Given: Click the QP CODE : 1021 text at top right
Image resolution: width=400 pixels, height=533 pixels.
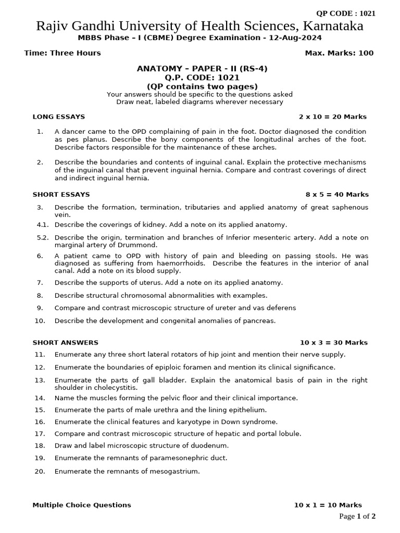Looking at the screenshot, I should pos(346,14).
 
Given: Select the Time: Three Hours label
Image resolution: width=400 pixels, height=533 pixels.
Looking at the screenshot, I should pos(63,53).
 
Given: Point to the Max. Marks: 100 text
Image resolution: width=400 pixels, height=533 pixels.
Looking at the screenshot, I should pos(339,53).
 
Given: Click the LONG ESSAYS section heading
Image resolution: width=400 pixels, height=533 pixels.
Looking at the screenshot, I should pos(59,117).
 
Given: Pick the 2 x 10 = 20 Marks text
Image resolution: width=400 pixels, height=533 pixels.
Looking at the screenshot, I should pos(333,117).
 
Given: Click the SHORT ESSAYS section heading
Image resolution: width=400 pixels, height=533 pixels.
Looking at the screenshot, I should pos(61,194).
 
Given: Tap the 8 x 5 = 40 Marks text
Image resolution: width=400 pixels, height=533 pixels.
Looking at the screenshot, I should pos(337,194).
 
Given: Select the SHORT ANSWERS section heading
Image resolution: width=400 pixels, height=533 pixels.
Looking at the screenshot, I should pos(65,342).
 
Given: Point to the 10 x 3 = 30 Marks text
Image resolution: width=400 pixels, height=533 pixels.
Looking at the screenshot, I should pos(334,342).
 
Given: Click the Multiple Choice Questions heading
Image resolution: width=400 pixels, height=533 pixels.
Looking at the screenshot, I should pos(82,505).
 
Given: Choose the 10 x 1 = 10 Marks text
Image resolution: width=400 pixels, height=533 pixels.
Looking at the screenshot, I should pos(328,505).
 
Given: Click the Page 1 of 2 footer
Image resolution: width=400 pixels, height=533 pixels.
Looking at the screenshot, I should pos(357,516).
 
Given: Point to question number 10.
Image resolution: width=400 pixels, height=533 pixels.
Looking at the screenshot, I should pos(40,321).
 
